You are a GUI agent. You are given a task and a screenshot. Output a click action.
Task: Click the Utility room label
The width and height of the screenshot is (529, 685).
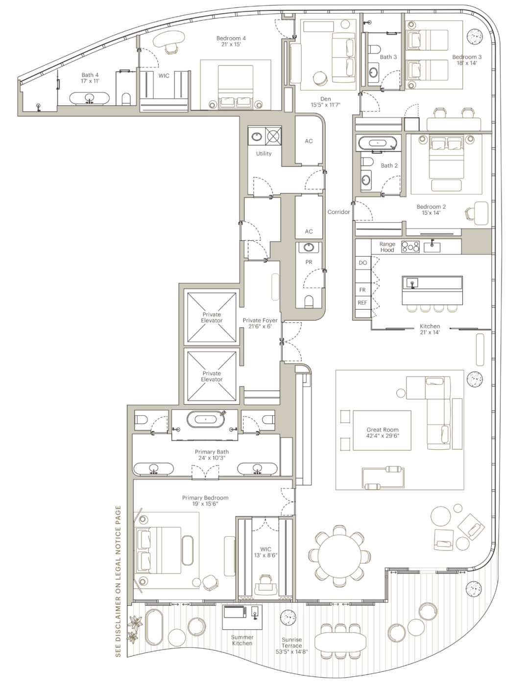(x=264, y=154)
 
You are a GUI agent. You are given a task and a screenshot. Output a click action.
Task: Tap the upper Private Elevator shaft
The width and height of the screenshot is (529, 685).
(x=212, y=318)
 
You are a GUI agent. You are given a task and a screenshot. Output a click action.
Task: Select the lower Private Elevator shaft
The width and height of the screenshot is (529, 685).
(x=212, y=376)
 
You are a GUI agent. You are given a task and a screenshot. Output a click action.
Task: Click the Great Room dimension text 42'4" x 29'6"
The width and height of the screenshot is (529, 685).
(x=383, y=435)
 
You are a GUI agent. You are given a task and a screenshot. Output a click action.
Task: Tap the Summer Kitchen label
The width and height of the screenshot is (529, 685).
(x=242, y=640)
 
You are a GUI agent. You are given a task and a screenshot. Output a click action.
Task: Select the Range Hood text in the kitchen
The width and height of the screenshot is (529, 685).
(x=387, y=247)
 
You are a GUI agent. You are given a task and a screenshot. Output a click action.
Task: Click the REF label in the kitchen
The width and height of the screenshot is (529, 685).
(x=362, y=303)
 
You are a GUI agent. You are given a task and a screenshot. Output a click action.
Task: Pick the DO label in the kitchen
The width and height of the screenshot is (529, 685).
(x=363, y=263)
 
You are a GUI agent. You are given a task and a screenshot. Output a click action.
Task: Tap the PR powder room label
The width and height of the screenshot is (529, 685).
(x=309, y=262)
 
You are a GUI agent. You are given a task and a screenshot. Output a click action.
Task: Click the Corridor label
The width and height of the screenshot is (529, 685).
(x=338, y=212)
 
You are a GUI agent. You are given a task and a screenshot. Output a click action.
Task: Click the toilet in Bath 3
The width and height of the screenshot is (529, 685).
(x=374, y=50)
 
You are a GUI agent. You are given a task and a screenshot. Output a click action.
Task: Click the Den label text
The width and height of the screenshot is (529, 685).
(x=325, y=99)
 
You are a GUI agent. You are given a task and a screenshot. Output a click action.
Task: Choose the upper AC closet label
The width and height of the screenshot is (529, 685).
(x=309, y=141)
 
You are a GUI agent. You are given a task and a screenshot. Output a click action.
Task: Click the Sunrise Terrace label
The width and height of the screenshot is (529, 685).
(x=291, y=642)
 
